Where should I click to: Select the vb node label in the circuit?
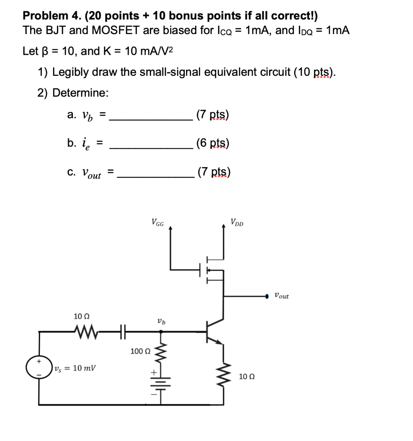point(161,321)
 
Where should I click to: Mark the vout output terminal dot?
point(267,296)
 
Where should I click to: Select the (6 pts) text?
point(212,143)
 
